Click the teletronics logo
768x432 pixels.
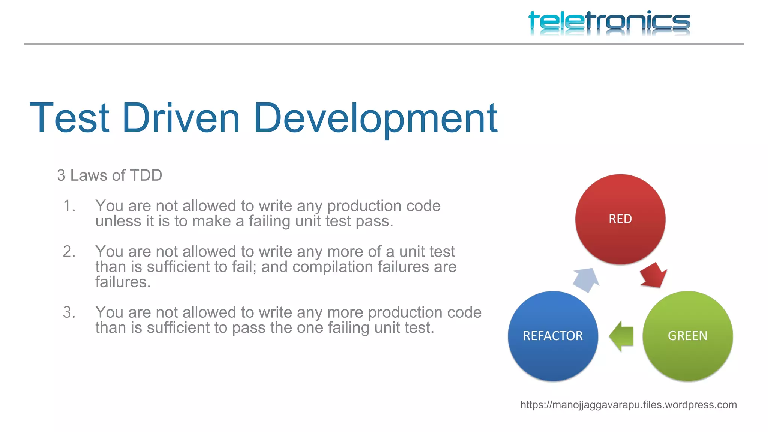[609, 22]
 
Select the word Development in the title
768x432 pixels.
[375, 119]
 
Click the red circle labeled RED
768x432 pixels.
[620, 219]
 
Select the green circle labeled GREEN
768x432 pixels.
[687, 336]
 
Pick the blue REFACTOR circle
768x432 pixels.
[553, 336]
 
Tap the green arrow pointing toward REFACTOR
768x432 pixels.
[621, 336]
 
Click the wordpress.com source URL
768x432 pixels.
[628, 405]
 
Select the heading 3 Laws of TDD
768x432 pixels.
[109, 175]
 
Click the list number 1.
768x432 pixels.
[69, 206]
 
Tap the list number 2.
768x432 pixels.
[69, 252]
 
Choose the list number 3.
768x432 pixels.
[69, 312]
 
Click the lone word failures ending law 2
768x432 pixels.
[122, 282]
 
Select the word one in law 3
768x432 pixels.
[310, 328]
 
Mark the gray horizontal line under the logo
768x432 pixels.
[384, 44]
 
